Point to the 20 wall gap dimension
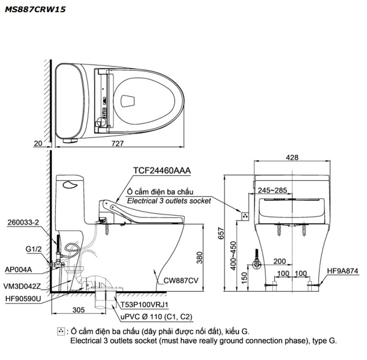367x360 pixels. click(x=39, y=143)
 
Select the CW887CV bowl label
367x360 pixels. click(x=181, y=280)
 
